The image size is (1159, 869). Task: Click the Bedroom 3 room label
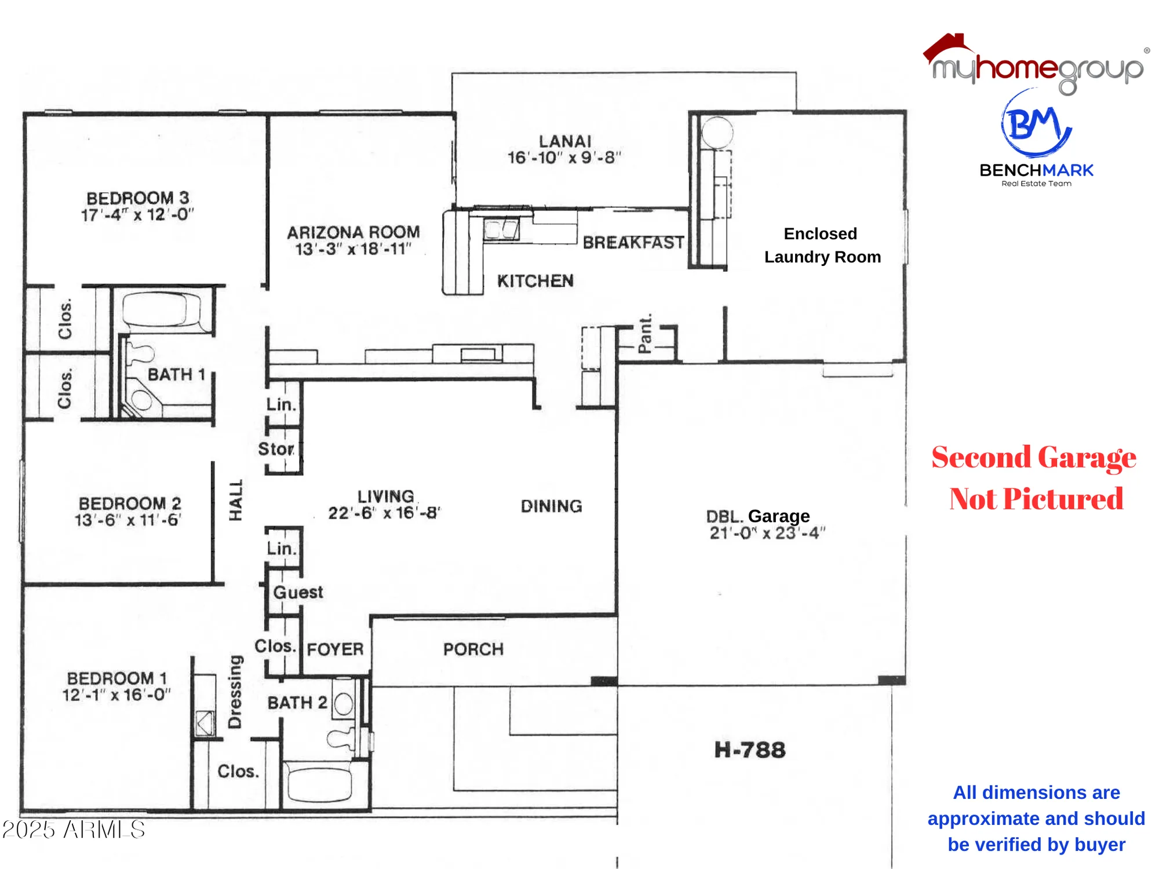pos(137,198)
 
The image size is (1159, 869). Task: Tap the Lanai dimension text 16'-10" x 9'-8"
pos(564,158)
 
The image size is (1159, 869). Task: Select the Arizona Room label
pos(353,232)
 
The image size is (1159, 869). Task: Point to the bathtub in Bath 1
pos(161,309)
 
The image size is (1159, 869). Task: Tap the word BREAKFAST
pos(633,242)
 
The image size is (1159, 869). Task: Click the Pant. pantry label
pos(645,333)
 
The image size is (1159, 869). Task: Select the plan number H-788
pos(749,750)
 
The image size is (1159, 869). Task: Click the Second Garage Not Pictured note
pos(1034,478)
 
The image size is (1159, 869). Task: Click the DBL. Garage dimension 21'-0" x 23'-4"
pos(767,533)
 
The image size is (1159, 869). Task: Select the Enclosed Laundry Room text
pos(821,245)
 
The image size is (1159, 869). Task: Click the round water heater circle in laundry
pos(717,132)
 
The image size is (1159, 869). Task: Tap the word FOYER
pos(335,649)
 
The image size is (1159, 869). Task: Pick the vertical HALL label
pos(235,499)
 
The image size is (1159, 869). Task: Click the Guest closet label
pos(298,592)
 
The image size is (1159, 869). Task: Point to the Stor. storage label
pos(276,449)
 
